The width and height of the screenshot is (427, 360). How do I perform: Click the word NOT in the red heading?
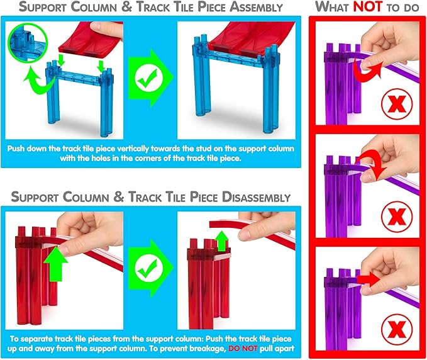point(368,6)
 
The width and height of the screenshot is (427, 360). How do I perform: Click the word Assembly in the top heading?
point(256,7)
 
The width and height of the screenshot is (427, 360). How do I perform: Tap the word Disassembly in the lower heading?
point(256,197)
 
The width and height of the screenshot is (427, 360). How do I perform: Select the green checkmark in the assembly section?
point(148,77)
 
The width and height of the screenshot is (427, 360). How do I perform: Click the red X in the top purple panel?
point(397,104)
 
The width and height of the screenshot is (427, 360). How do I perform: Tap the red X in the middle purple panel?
point(397,217)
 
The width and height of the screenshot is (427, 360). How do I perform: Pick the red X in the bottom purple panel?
point(397,329)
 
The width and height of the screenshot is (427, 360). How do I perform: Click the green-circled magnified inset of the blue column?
point(28,43)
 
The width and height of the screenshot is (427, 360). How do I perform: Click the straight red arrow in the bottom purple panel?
point(368,280)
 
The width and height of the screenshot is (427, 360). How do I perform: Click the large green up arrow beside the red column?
point(55,264)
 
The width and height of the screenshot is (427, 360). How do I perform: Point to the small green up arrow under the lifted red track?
point(222,241)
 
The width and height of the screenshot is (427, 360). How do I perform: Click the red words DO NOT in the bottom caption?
point(243,348)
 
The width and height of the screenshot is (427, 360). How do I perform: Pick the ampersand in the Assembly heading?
point(126,7)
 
